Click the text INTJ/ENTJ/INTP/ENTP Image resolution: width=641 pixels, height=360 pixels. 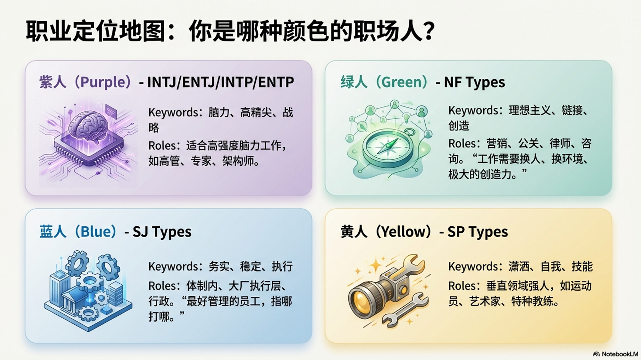[220, 82]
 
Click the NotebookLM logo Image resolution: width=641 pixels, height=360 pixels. [616, 354]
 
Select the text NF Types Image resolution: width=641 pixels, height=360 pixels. [474, 82]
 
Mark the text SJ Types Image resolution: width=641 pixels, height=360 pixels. [162, 232]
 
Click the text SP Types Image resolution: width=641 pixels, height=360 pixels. [478, 232]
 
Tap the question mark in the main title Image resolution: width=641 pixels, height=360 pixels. [429, 31]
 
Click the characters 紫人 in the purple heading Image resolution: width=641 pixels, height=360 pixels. [53, 82]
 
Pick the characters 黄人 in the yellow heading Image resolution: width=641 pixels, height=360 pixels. [354, 232]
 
